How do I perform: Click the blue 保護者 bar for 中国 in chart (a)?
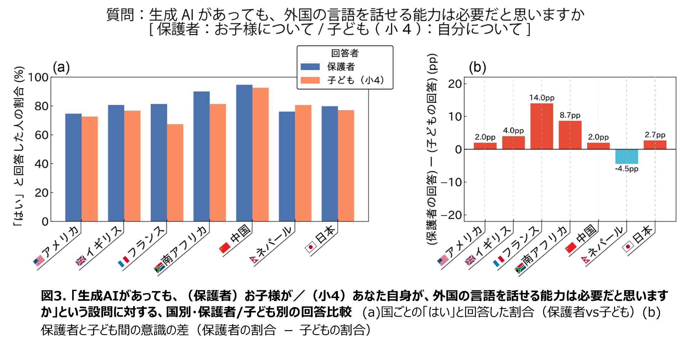click(x=244, y=153)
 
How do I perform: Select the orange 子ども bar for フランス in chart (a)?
click(x=175, y=173)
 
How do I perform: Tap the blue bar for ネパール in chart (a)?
click(x=287, y=166)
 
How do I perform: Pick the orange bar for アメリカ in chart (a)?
click(x=90, y=169)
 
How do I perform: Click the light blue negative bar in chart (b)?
click(x=627, y=157)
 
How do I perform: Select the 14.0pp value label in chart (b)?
click(x=542, y=98)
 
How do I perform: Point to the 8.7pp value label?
click(x=570, y=115)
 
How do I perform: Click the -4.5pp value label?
click(x=627, y=169)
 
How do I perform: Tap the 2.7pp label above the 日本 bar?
click(x=655, y=135)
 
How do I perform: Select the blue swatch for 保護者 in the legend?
click(x=310, y=67)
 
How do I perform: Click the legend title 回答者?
click(x=345, y=53)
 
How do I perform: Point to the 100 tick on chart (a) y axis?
click(x=38, y=77)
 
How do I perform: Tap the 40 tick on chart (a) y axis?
click(x=41, y=164)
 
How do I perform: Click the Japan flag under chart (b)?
click(x=628, y=247)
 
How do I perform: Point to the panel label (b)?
click(x=477, y=67)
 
